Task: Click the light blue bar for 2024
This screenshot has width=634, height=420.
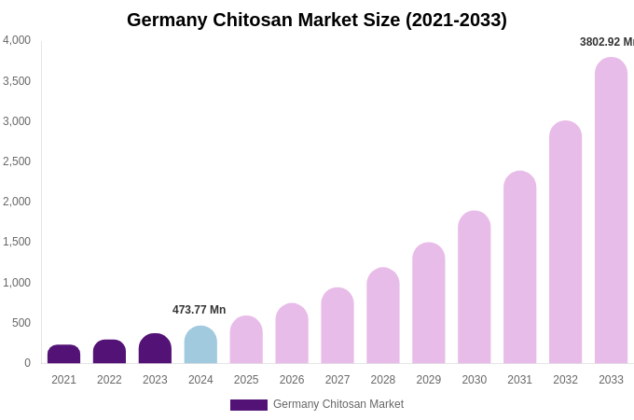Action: point(200,345)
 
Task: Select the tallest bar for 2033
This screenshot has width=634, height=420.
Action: point(611,211)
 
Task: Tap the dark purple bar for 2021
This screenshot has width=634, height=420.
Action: point(63,355)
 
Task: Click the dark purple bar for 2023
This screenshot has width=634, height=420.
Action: point(155,349)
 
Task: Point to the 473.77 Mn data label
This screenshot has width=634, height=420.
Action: point(199,310)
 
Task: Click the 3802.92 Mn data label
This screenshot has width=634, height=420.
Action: point(606,42)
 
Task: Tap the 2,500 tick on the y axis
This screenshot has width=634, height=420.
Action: point(16,161)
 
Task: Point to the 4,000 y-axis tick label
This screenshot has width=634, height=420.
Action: point(16,40)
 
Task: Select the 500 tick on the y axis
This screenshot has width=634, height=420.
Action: point(21,323)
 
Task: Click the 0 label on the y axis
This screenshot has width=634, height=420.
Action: point(27,363)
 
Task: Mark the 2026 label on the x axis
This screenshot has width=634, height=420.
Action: point(292,380)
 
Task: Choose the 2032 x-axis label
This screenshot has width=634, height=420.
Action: point(565,380)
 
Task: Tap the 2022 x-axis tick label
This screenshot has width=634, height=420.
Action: point(109,380)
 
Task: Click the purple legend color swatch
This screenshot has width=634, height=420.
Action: point(248,405)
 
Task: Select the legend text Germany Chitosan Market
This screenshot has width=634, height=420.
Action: point(338,404)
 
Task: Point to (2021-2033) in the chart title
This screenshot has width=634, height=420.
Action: point(456,20)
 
